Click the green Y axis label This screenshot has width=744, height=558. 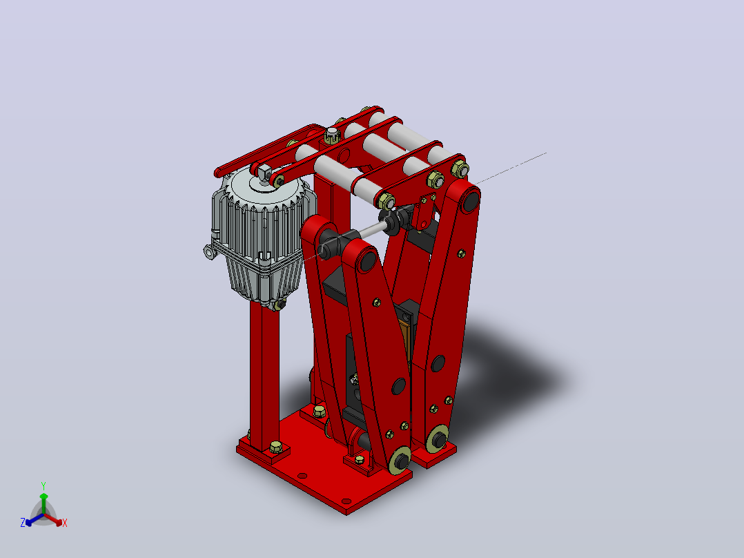pyautogui.click(x=43, y=485)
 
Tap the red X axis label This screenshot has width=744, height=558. pyautogui.click(x=65, y=523)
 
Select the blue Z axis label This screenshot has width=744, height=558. pyautogui.click(x=22, y=523)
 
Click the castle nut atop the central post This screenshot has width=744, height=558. pyautogui.click(x=332, y=135)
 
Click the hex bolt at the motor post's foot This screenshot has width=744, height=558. pyautogui.click(x=275, y=447)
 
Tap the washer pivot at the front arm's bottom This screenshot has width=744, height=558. pyautogui.click(x=400, y=460)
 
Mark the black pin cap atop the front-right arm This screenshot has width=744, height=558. pyautogui.click(x=366, y=261)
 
